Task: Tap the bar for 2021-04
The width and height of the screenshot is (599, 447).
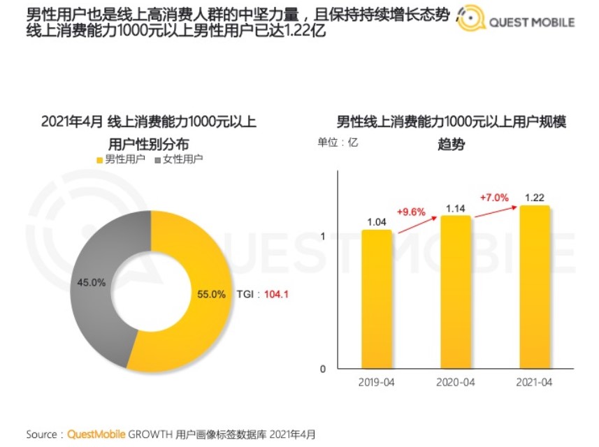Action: (x=535, y=287)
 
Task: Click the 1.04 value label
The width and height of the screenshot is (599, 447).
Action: (x=376, y=221)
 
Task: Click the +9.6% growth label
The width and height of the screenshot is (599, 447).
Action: (x=411, y=211)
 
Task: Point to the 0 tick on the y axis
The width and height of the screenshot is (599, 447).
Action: (x=323, y=369)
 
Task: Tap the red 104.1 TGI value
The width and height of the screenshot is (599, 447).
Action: (x=276, y=295)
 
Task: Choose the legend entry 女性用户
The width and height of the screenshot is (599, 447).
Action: (x=179, y=159)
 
